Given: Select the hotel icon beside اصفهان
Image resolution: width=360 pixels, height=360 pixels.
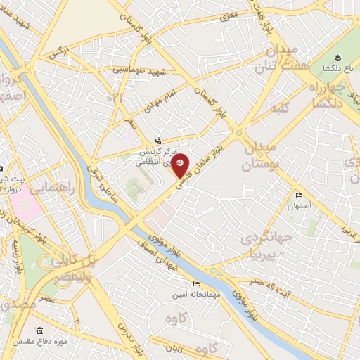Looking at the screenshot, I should tap(299, 195).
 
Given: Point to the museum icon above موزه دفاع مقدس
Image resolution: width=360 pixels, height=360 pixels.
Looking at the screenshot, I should tap(39, 330).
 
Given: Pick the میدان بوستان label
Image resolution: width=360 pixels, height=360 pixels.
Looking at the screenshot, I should tap(261, 157).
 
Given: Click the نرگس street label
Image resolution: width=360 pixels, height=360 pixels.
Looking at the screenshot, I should tap(56, 53).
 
